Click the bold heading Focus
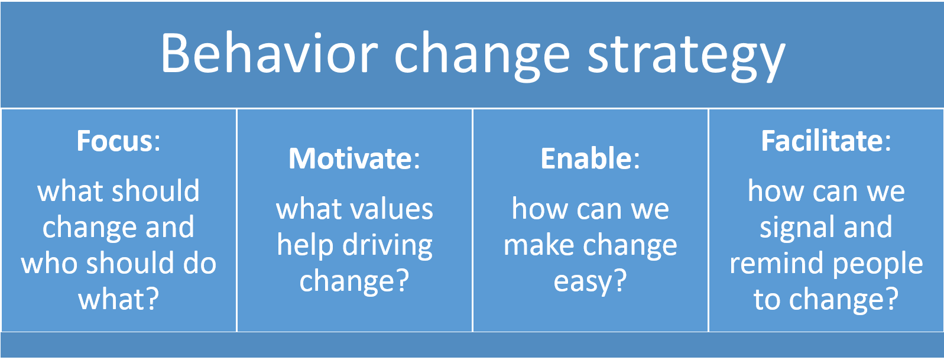115,141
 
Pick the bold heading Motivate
350,159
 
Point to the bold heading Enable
586,159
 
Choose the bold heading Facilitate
822,141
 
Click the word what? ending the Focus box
119,300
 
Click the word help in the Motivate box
304,245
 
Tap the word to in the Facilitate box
767,300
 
